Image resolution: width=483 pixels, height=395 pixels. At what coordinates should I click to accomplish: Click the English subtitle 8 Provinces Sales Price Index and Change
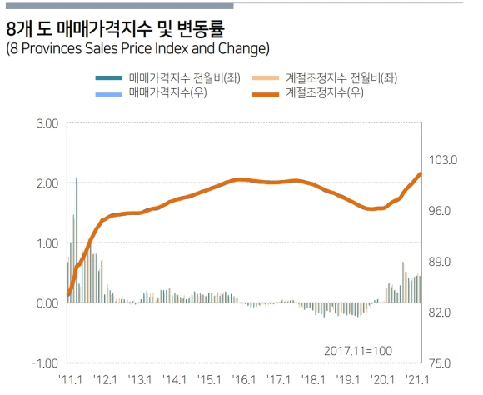137,48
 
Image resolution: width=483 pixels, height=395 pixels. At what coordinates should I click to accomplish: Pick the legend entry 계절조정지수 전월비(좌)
341,77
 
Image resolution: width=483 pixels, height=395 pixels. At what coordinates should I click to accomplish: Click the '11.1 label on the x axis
68,380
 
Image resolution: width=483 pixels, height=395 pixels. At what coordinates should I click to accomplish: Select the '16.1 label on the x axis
244,380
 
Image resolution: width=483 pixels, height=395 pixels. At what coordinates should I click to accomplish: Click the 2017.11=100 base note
357,351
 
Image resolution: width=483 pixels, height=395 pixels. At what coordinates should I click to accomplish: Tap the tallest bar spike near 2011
77,178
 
